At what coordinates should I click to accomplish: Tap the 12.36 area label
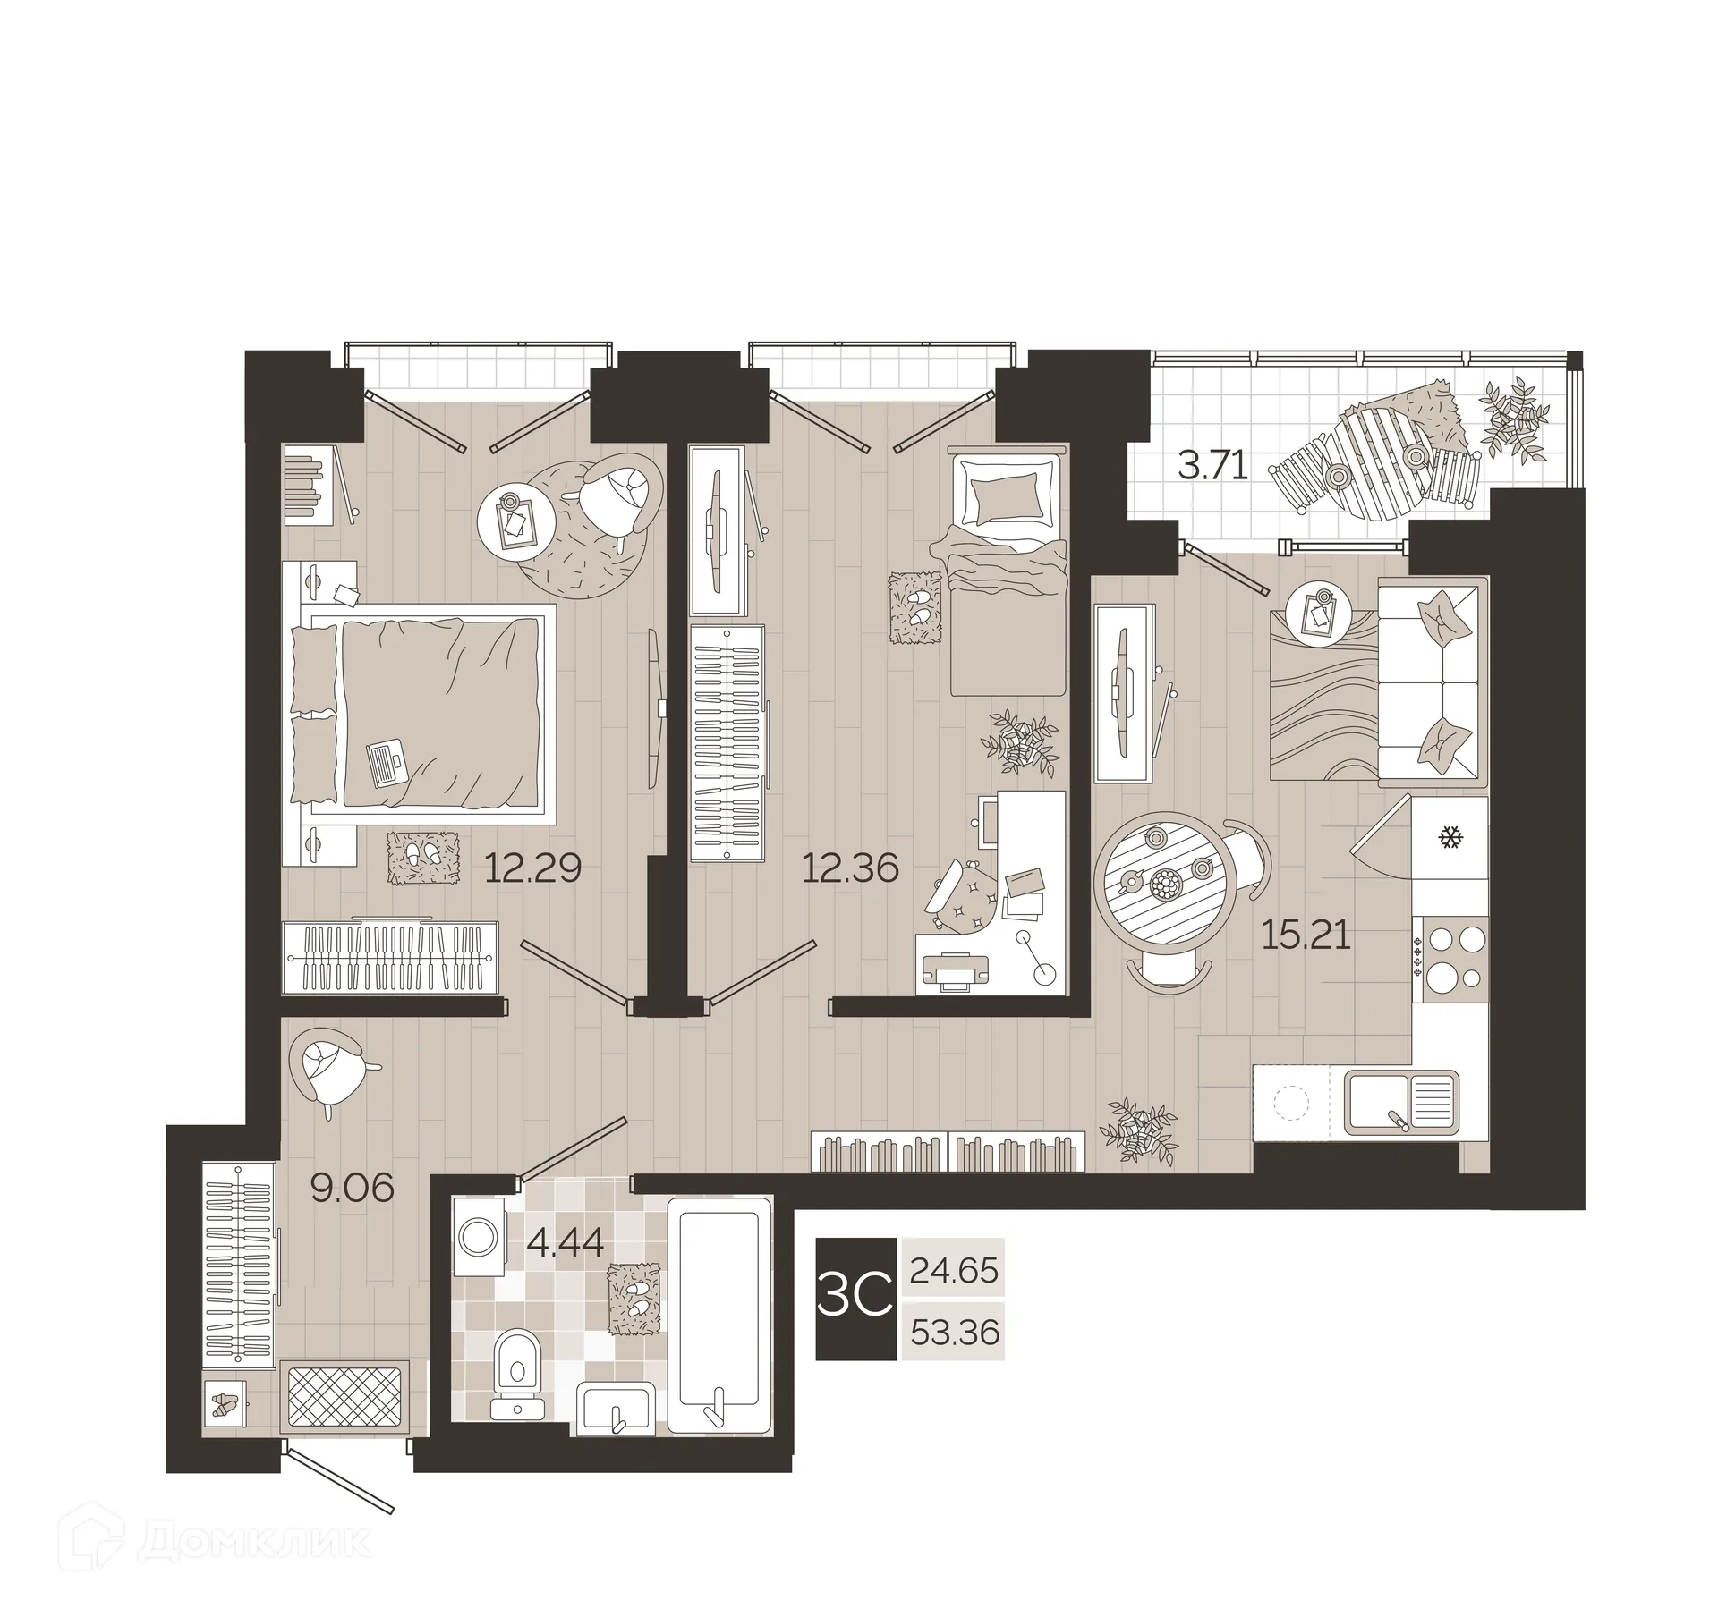pyautogui.click(x=850, y=868)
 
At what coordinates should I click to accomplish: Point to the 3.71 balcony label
pyautogui.click(x=1212, y=466)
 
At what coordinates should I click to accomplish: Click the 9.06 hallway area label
pyautogui.click(x=352, y=1188)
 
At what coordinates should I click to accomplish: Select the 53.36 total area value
pyautogui.click(x=954, y=1333)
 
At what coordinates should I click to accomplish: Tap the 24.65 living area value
pyautogui.click(x=953, y=1270)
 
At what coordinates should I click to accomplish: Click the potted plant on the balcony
pyautogui.click(x=1515, y=419)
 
